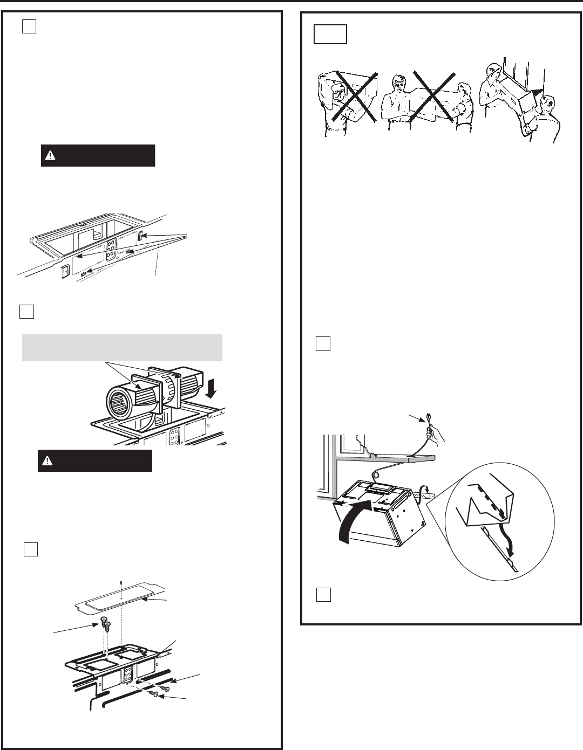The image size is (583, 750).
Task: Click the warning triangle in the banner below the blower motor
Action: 49,461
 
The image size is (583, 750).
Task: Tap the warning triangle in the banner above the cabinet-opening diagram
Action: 50,155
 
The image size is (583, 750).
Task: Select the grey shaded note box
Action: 122,347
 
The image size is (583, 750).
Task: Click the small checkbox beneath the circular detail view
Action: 322,594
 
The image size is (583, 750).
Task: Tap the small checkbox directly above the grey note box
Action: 27,312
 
